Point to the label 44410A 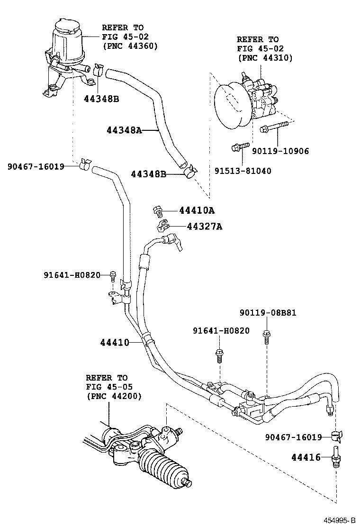point(197,210)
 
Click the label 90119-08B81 point(268,313)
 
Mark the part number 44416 point(305,457)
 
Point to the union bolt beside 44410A point(158,210)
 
